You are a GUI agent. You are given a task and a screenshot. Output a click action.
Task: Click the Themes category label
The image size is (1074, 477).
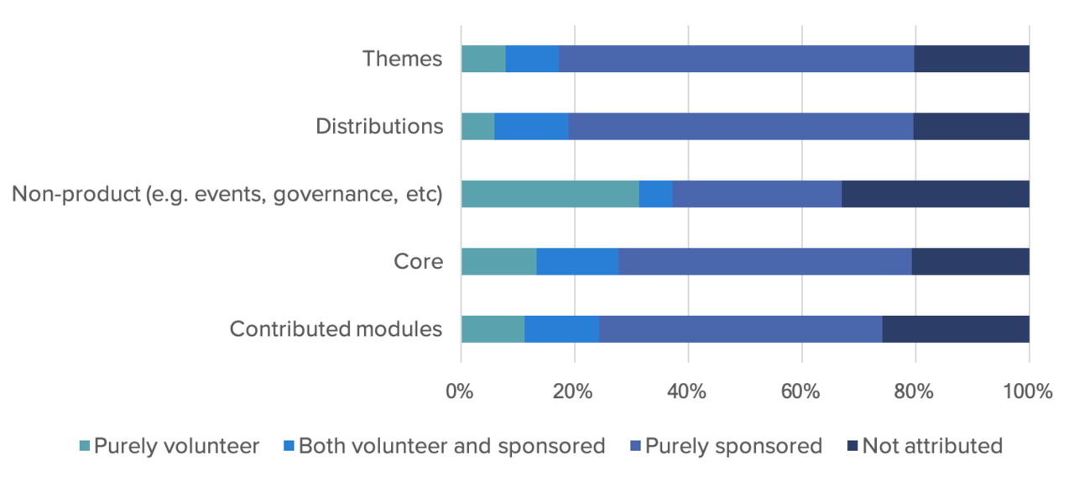(402, 59)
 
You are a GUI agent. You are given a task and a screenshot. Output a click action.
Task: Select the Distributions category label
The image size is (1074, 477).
(379, 126)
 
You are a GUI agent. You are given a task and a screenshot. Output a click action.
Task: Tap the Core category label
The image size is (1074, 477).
(418, 261)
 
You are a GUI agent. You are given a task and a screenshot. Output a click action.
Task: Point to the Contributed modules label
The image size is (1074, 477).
(336, 328)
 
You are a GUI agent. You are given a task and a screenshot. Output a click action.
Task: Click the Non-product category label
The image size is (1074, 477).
(227, 194)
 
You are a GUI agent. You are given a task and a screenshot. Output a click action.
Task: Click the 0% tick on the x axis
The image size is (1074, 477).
(460, 391)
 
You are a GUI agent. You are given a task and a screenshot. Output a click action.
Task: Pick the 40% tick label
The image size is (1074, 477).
(687, 391)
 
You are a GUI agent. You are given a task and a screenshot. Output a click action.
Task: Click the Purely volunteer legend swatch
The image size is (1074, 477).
(83, 446)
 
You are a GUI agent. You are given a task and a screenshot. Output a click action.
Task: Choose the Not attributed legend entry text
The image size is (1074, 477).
(932, 446)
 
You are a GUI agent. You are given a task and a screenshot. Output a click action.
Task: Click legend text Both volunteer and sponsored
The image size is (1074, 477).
(451, 446)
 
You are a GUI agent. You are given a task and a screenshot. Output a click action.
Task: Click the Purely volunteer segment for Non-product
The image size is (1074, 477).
(550, 194)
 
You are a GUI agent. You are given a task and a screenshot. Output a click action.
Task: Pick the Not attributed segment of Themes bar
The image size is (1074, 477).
(972, 59)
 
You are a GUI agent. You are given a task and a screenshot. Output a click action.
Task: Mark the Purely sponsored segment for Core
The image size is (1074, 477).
(765, 261)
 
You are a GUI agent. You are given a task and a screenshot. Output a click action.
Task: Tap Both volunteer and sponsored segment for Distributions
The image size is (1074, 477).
(531, 126)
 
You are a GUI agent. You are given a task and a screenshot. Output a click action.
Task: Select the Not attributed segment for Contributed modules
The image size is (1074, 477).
(956, 328)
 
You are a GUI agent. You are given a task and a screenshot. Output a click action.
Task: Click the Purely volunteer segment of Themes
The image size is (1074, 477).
(483, 59)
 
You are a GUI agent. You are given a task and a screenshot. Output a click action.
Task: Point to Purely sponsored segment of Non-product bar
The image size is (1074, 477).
(757, 194)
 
